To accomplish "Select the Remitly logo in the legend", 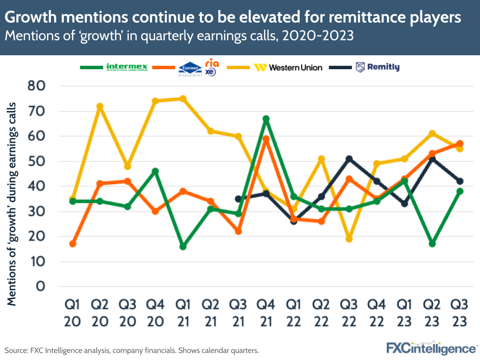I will (x=377, y=67).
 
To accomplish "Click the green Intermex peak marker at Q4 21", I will (x=266, y=119).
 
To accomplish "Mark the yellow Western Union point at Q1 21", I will (x=183, y=99).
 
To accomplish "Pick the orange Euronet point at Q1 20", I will (x=73, y=244).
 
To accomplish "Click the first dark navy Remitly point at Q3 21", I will (x=238, y=199).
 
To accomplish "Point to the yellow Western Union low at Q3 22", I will (x=349, y=239).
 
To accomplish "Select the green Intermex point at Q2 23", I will (x=432, y=244).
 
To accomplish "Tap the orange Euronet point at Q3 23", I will (x=460, y=144).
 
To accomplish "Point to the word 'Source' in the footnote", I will (x=17, y=350).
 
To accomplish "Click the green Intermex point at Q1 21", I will (x=183, y=246).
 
